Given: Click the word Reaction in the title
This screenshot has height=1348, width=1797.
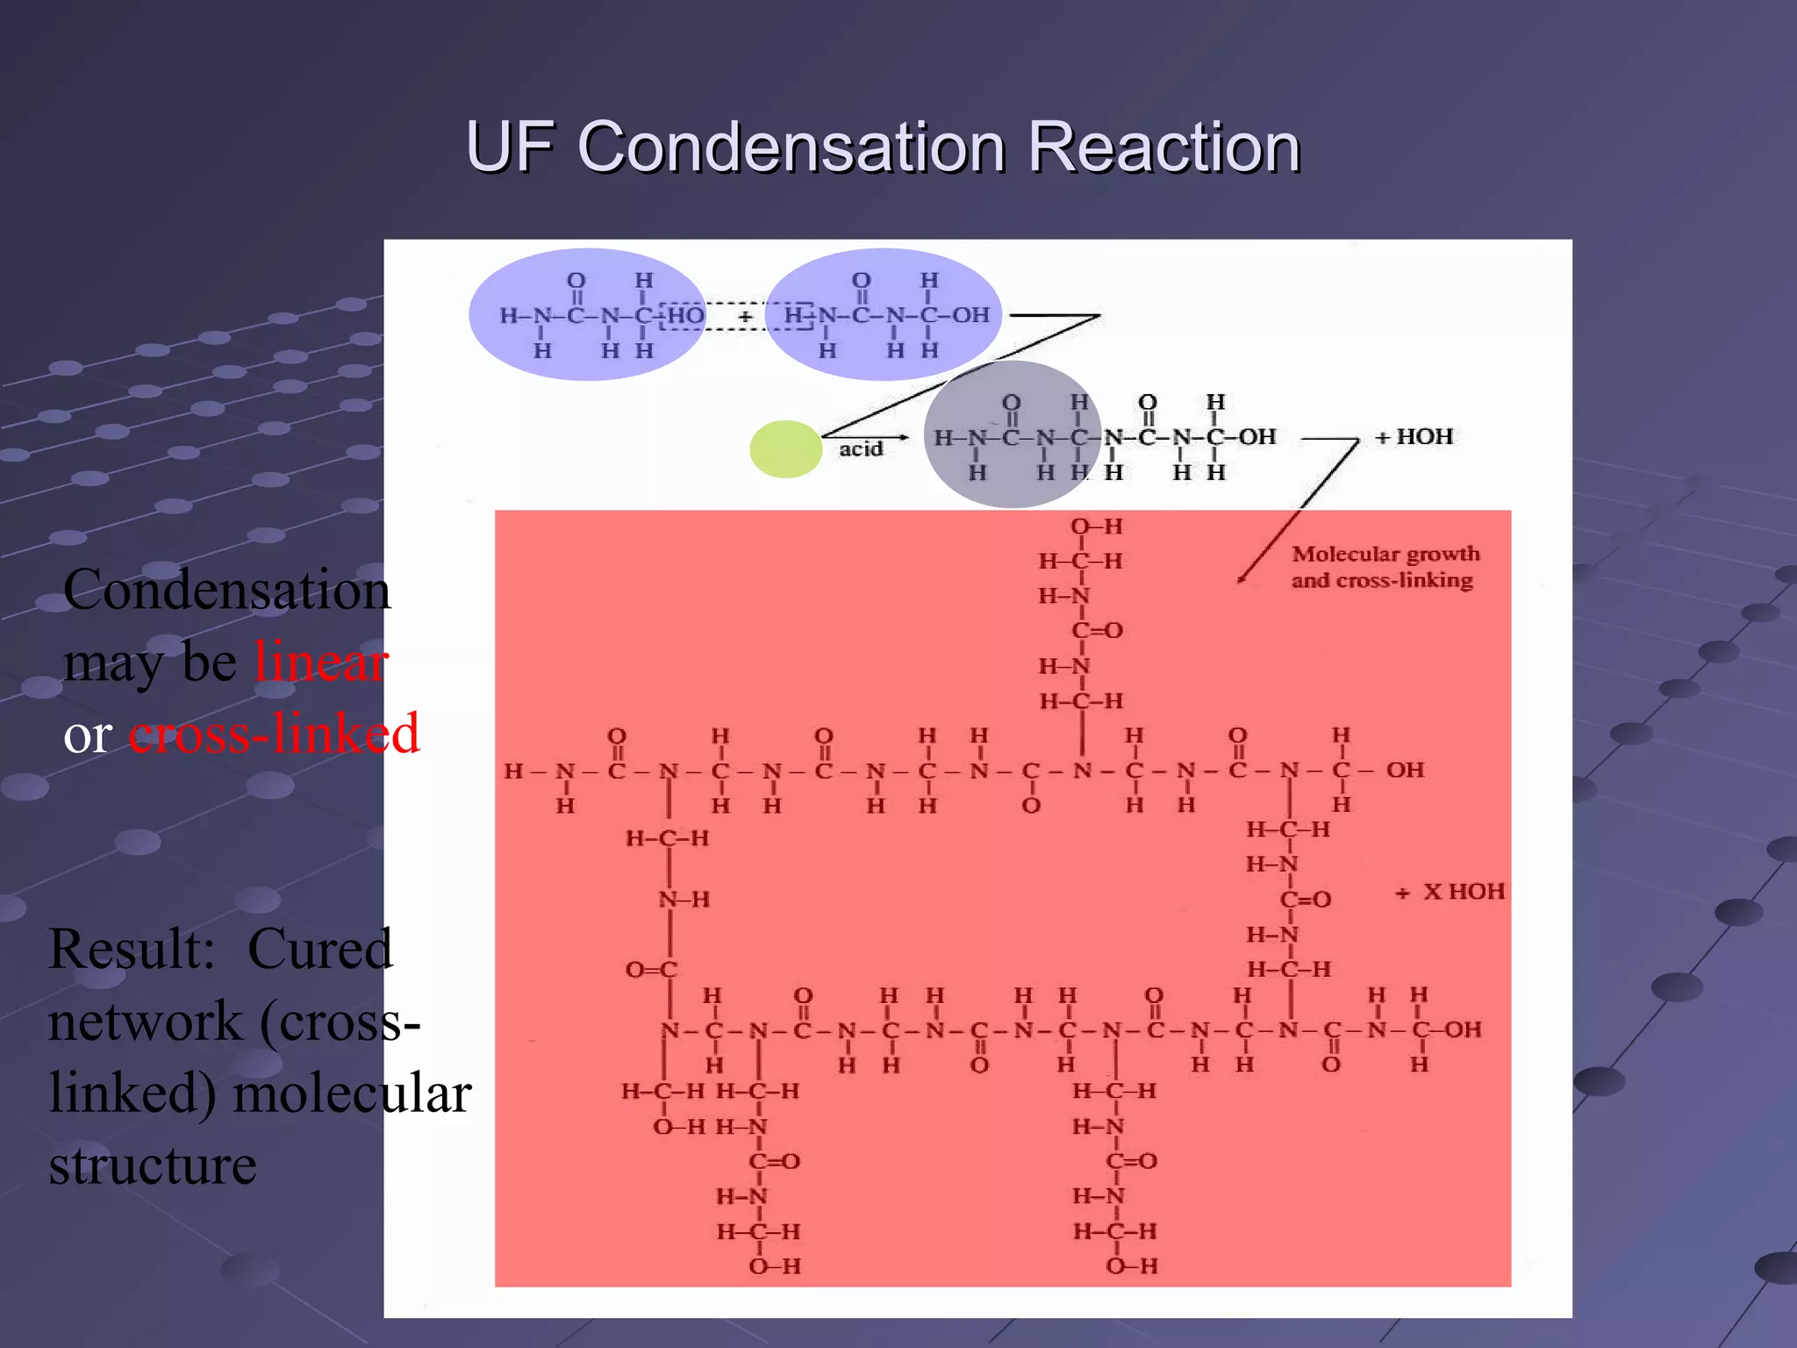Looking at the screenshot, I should [1163, 147].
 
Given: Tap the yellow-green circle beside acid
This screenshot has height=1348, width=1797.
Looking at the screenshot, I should [785, 449].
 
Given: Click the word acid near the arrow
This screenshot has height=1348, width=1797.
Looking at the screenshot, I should [860, 449].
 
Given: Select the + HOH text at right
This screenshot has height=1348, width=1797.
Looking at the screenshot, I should [1414, 436].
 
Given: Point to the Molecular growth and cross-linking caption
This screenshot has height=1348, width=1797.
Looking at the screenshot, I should [1384, 567].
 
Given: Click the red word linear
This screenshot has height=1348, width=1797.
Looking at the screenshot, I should [321, 662].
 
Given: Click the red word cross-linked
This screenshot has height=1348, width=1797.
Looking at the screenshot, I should [274, 734].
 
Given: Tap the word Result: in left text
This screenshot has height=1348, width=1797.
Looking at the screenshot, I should [132, 950].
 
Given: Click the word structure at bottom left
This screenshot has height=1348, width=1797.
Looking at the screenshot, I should [153, 1165].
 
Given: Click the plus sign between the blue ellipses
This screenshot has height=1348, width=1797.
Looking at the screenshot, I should [745, 316].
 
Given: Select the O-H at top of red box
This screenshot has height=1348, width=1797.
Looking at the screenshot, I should [1096, 527].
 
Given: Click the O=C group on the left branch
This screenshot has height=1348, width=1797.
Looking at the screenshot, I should [651, 970].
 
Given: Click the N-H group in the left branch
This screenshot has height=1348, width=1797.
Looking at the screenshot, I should [684, 900].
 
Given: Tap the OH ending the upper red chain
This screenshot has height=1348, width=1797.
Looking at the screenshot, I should [1405, 770].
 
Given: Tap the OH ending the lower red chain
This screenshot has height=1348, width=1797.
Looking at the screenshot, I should [1462, 1029].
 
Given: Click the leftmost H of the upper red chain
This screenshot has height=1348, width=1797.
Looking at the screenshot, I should [513, 771].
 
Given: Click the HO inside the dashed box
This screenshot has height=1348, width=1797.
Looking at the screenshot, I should [685, 316].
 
